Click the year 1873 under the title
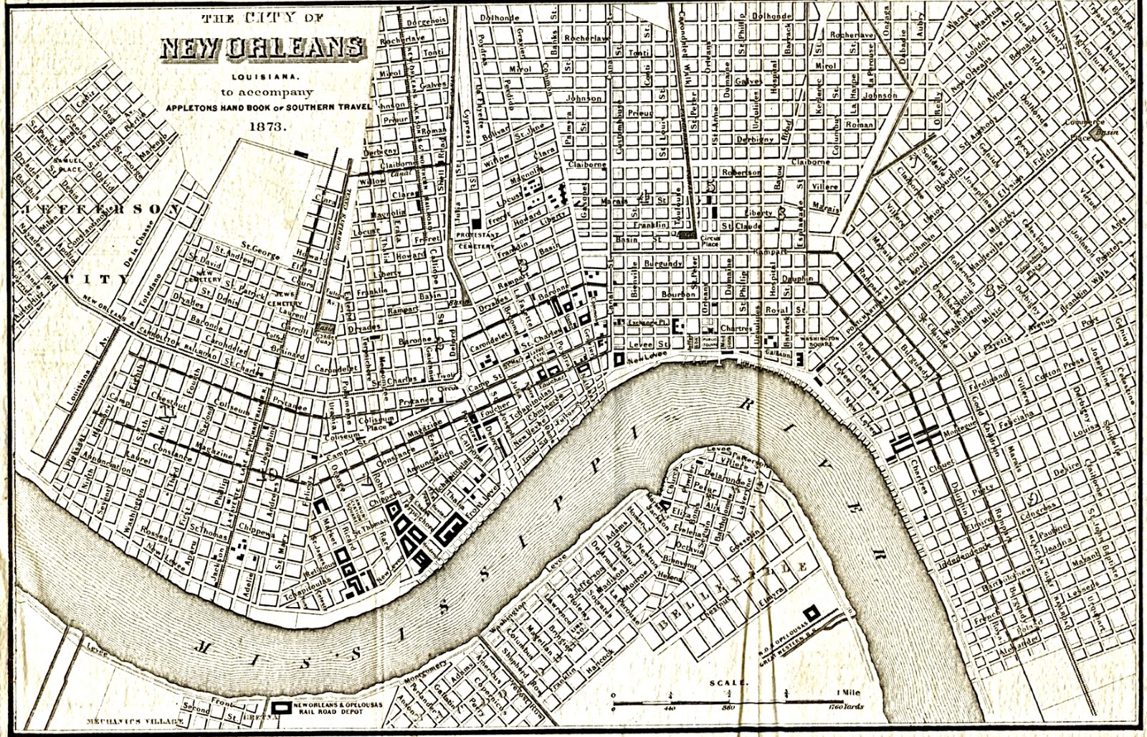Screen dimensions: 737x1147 tap(268, 126)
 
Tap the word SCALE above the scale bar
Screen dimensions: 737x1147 tap(728, 683)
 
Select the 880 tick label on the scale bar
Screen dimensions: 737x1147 tap(728, 706)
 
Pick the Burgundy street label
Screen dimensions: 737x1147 tap(663, 263)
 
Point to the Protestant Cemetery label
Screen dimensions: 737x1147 tap(476, 240)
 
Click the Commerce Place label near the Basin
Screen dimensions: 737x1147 tap(1084, 127)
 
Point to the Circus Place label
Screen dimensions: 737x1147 tap(710, 240)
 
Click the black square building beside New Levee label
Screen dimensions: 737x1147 tap(619, 358)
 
